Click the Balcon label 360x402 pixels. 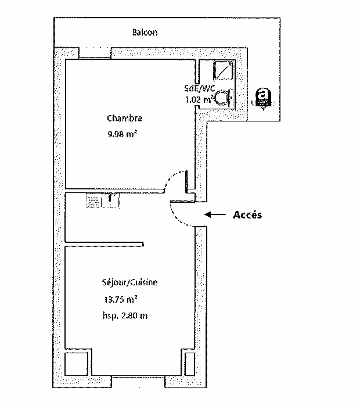pyautogui.click(x=145, y=33)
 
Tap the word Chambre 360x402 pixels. pyautogui.click(x=124, y=118)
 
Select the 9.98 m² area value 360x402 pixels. pyautogui.click(x=122, y=134)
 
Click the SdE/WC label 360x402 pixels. pyautogui.click(x=199, y=88)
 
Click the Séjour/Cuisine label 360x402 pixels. pyautogui.click(x=129, y=282)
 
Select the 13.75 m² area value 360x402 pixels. pyautogui.click(x=120, y=299)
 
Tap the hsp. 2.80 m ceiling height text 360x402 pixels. pyautogui.click(x=125, y=315)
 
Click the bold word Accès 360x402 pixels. pyautogui.click(x=247, y=215)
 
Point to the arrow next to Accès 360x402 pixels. pyautogui.click(x=215, y=214)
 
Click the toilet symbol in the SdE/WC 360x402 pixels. pyautogui.click(x=224, y=98)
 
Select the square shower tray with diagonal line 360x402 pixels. pyautogui.click(x=223, y=70)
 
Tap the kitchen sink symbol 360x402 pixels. pyautogui.click(x=103, y=201)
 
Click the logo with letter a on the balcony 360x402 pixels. pyautogui.click(x=263, y=99)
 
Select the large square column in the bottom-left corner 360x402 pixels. pyautogui.click(x=77, y=364)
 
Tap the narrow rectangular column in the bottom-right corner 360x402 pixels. pyautogui.click(x=190, y=364)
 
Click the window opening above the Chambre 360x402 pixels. pyautogui.click(x=95, y=53)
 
